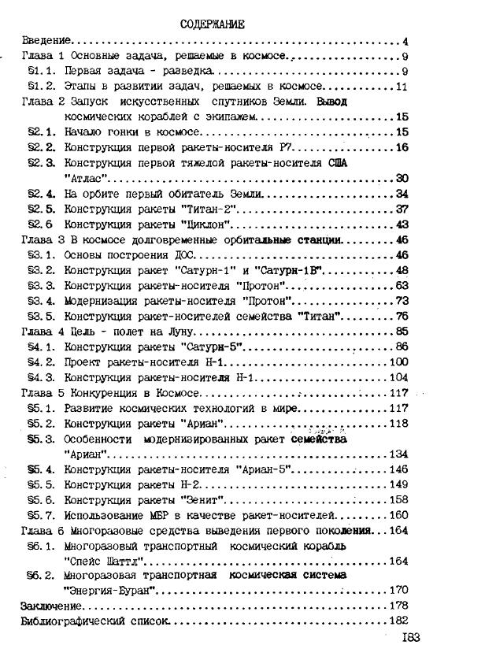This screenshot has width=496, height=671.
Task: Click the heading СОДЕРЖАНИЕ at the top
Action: tap(213, 24)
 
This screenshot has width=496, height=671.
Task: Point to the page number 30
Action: tap(402, 179)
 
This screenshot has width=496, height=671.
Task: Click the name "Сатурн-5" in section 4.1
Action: tap(207, 347)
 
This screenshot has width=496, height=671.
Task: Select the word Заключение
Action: tap(51, 606)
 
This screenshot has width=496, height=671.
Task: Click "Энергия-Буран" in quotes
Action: tap(105, 591)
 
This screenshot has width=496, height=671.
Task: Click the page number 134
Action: tap(399, 454)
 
